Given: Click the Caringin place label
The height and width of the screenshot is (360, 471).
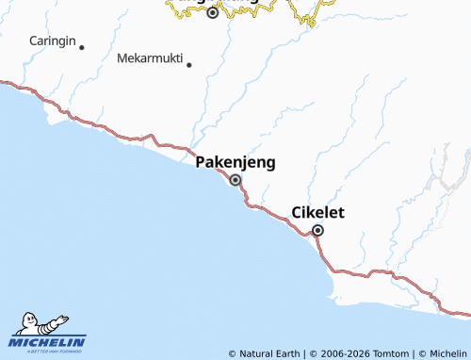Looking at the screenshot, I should pos(53,41).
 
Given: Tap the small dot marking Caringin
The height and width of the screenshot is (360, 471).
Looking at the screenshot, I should pos(82,47).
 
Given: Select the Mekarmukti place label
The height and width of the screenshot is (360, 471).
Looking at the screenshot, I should pos(149,57).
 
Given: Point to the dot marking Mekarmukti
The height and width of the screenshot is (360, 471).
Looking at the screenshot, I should pos(189,65).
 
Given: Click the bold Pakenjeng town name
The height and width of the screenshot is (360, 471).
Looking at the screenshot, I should pos(235,162).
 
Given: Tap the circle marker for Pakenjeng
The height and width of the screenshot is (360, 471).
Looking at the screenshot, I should pos(235,180).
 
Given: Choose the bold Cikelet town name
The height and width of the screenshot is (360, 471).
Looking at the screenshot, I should pos(317,212).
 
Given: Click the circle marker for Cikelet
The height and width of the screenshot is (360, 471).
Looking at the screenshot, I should pos(318,230).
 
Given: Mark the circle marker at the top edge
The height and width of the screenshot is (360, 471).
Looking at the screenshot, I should pos(213,13).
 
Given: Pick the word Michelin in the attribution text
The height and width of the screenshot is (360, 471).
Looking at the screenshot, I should pos(447,353).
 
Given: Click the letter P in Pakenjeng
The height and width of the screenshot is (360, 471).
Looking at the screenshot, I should pos(201,162).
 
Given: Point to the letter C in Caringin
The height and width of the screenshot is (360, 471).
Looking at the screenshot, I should pos(33,41).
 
